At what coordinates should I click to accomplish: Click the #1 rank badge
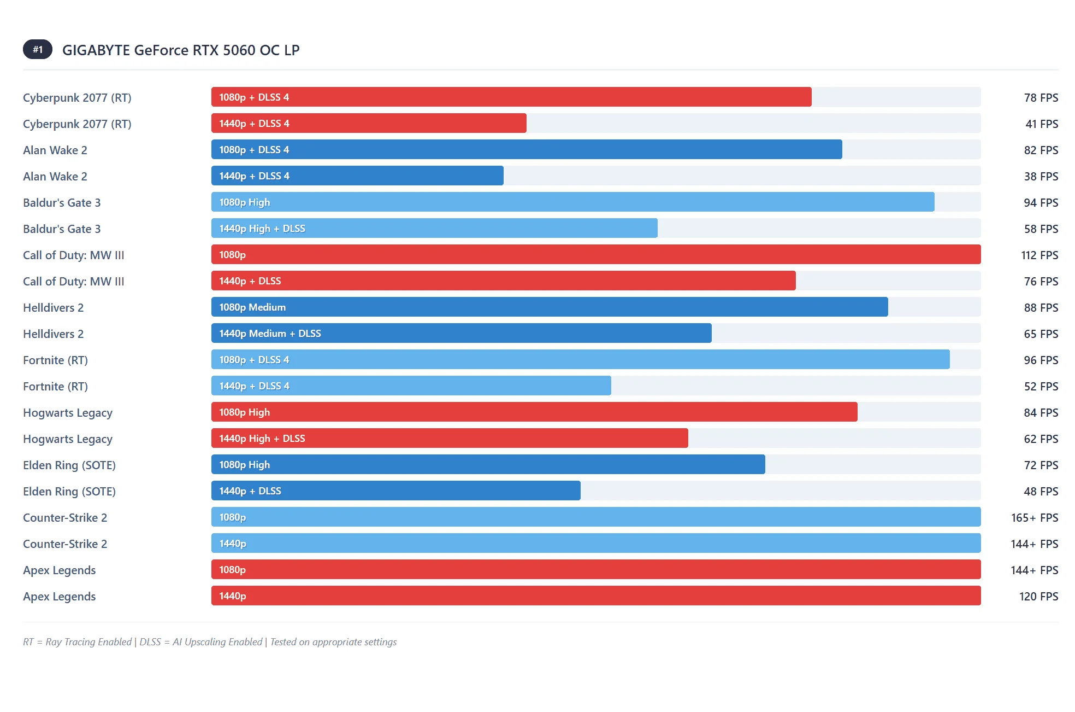(x=37, y=50)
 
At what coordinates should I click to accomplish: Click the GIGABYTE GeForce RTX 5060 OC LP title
(x=181, y=50)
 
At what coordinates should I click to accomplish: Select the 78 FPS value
(x=1041, y=98)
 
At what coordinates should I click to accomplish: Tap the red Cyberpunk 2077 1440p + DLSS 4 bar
(x=369, y=124)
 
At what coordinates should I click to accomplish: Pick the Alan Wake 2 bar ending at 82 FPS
(x=526, y=150)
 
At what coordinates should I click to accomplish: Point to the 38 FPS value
(x=1041, y=177)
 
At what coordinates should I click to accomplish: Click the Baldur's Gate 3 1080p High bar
(x=572, y=202)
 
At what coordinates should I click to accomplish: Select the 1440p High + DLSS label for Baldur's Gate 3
(x=262, y=229)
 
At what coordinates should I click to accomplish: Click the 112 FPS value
(x=1039, y=255)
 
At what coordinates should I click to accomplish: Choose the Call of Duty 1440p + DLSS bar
(x=503, y=281)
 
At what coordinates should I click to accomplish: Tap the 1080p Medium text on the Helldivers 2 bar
(x=252, y=307)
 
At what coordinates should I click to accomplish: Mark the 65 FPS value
(x=1041, y=334)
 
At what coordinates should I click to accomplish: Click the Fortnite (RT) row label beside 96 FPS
(x=55, y=360)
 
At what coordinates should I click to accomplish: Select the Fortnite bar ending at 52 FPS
(x=411, y=386)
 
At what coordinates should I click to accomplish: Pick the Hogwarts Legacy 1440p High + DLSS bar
(x=450, y=439)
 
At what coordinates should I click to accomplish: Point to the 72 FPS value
(x=1041, y=465)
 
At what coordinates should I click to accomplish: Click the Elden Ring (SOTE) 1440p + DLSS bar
(x=395, y=491)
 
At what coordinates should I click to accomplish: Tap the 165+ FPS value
(x=1034, y=518)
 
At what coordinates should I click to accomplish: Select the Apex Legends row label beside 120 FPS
(x=59, y=597)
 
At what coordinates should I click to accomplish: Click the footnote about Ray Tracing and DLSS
(x=210, y=642)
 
